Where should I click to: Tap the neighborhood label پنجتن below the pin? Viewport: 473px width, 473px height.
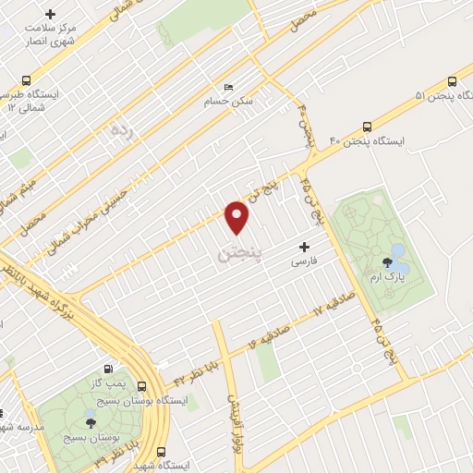(x=239, y=251)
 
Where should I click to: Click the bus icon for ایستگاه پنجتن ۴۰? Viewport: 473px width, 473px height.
(x=368, y=127)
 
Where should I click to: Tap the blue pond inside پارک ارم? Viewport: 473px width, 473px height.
(x=399, y=249)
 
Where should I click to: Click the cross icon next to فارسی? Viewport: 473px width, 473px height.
(x=304, y=248)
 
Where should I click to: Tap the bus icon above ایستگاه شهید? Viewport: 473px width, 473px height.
(x=162, y=452)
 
